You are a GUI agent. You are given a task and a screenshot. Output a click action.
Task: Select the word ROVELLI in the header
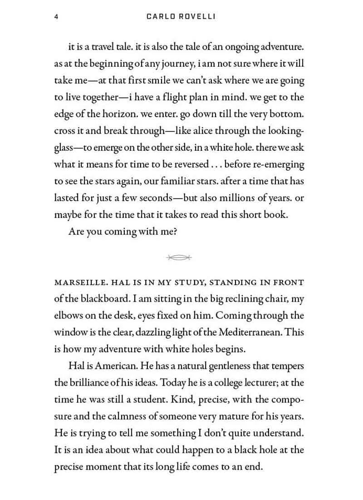[200, 17]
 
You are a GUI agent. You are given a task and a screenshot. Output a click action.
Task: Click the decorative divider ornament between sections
[179, 257]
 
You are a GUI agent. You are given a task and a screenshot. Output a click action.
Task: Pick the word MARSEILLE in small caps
[78, 282]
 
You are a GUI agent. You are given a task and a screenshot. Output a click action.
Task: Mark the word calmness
[128, 416]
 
